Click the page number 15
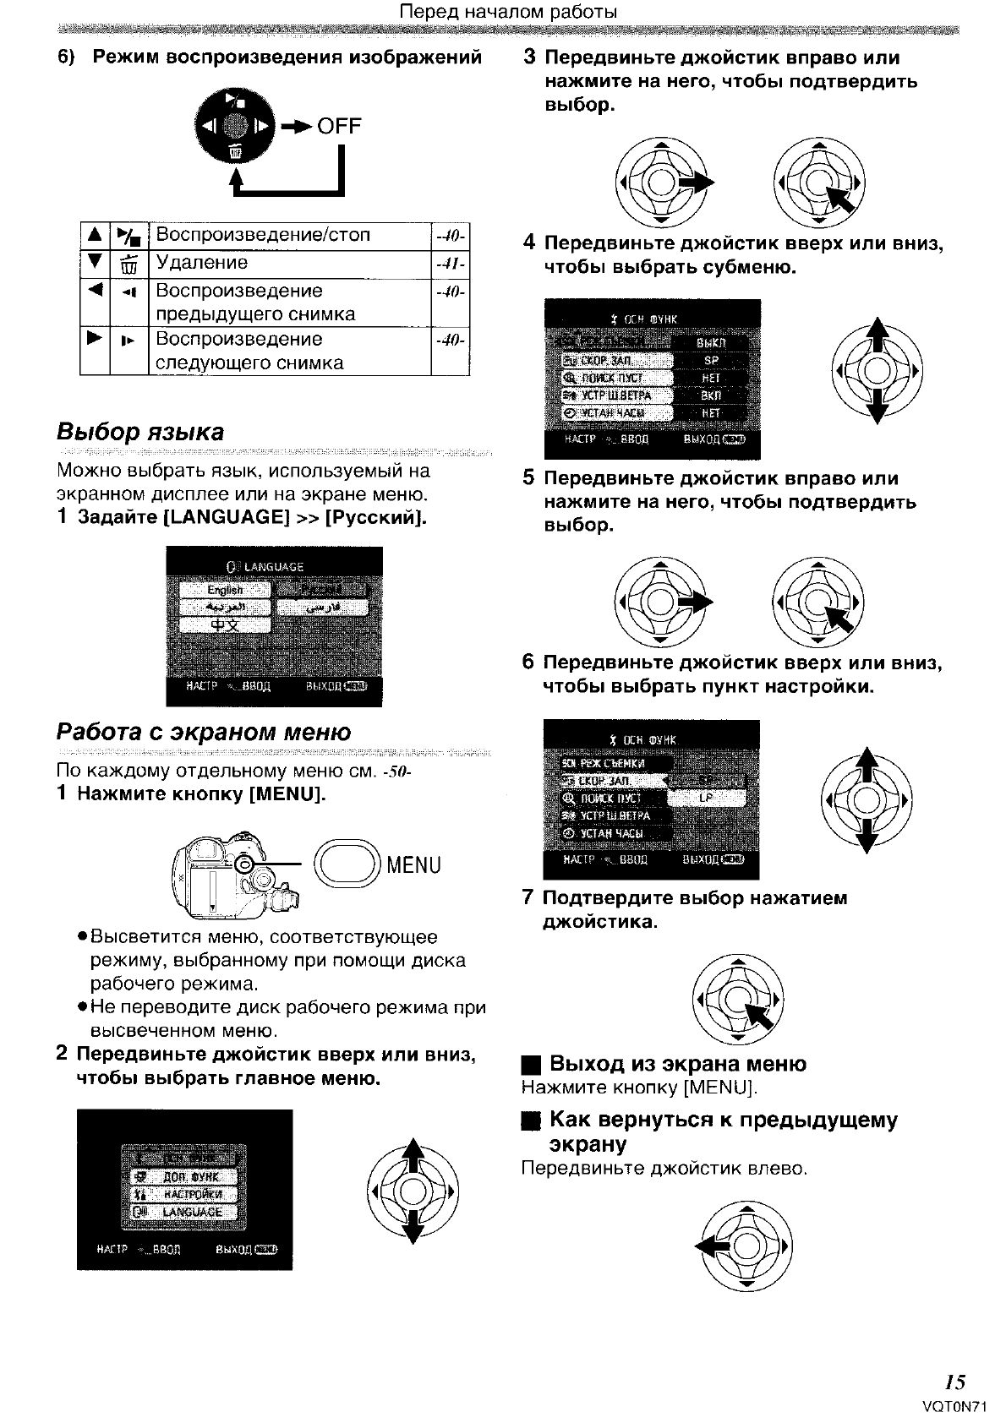955,1382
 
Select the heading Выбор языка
140,432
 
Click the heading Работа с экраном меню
203,732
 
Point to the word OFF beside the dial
339,126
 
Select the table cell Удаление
202,263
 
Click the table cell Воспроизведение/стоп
263,235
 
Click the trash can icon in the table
128,264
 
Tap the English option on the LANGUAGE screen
225,590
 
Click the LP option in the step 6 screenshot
706,798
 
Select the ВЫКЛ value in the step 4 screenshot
710,343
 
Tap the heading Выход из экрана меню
677,1064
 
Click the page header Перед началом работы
507,12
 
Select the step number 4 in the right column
529,243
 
